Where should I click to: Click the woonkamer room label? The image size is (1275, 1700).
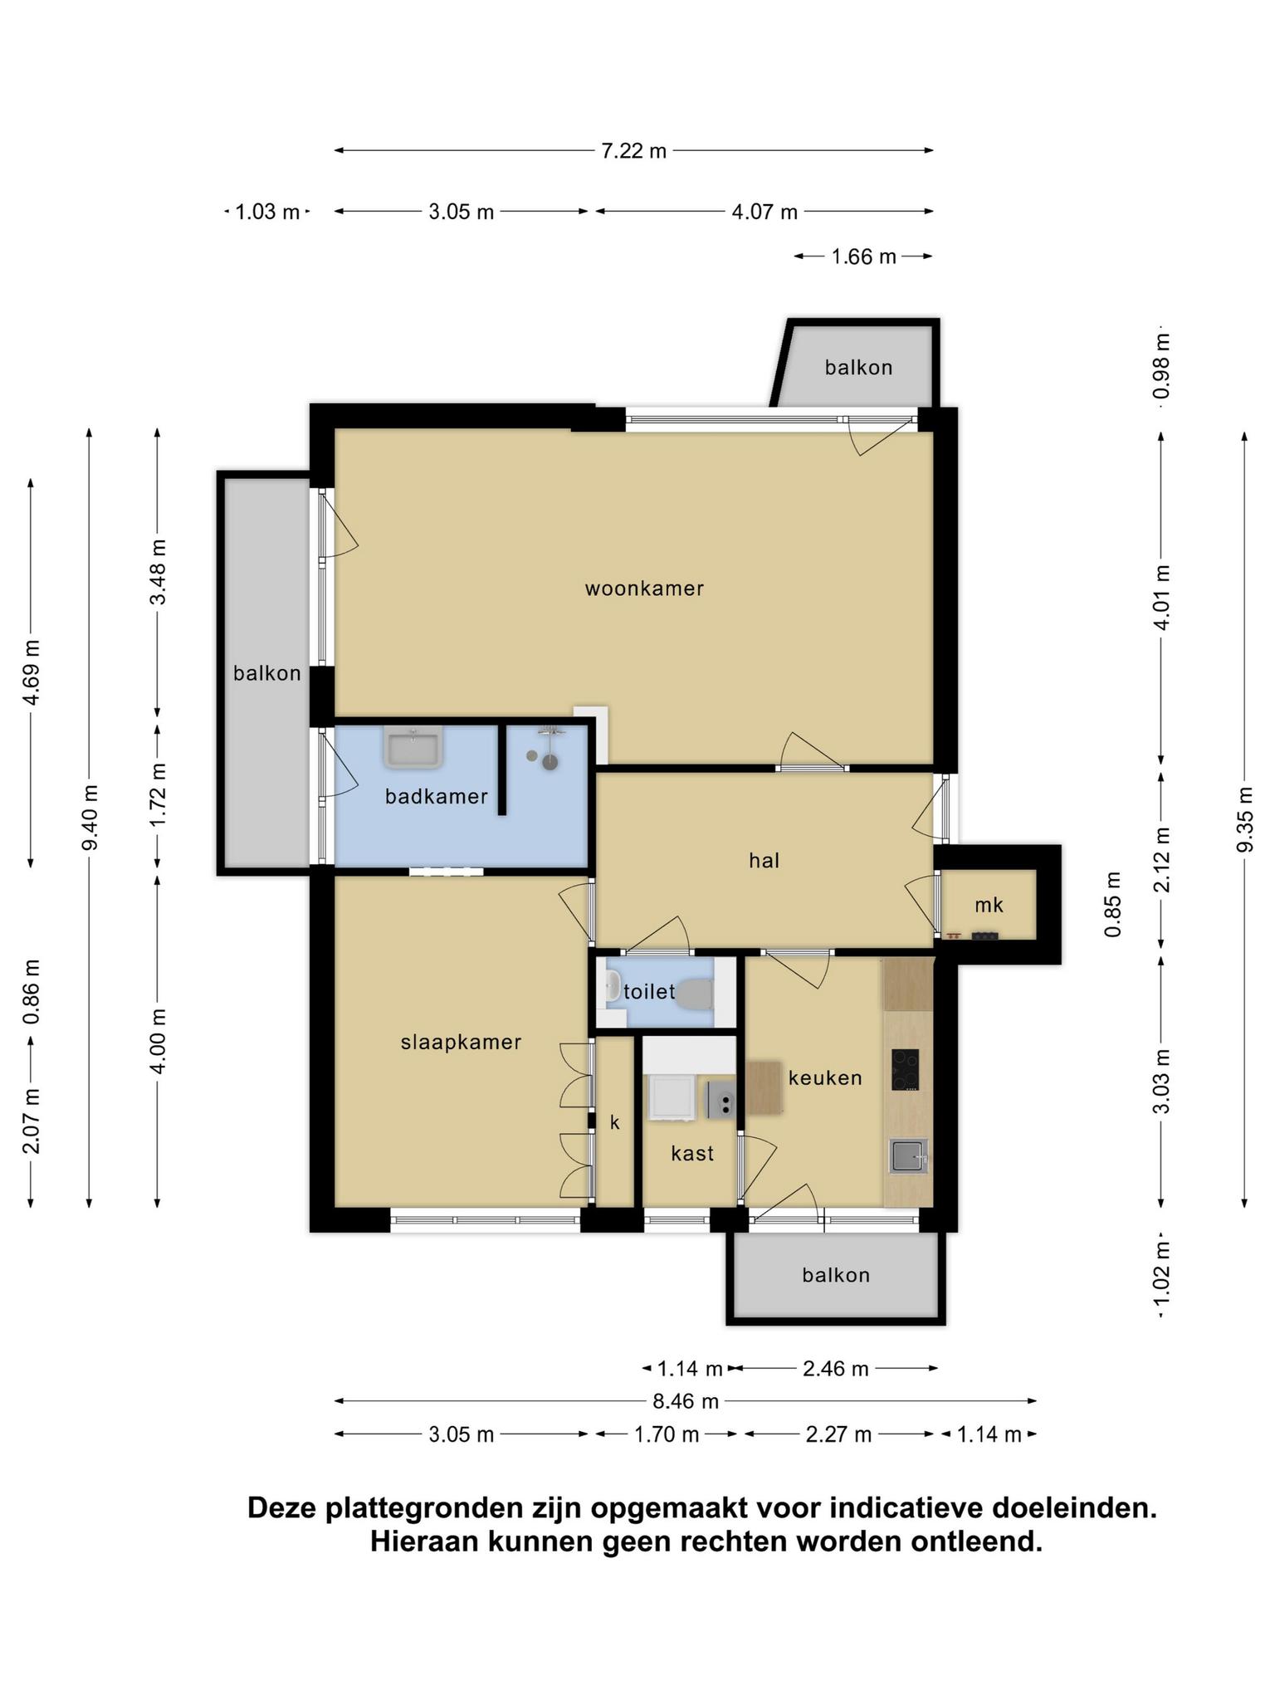click(644, 589)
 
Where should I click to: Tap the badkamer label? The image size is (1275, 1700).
click(436, 796)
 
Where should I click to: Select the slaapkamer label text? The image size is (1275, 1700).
click(461, 1042)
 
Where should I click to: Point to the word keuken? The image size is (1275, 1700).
click(825, 1077)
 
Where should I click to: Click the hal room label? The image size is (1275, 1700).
click(764, 860)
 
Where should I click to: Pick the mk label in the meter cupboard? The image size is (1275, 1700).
click(989, 905)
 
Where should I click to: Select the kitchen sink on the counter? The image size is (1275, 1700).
click(908, 1155)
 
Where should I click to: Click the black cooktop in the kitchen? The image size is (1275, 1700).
click(905, 1070)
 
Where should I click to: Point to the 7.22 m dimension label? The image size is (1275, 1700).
click(633, 151)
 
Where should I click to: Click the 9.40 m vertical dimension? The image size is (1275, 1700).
click(90, 817)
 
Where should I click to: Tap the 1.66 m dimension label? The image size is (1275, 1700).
click(863, 256)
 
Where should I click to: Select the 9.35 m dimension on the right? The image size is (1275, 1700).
click(1243, 818)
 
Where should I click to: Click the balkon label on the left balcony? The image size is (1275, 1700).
click(266, 673)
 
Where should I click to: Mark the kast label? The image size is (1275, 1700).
click(692, 1153)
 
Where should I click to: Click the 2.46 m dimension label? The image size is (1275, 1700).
click(835, 1368)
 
